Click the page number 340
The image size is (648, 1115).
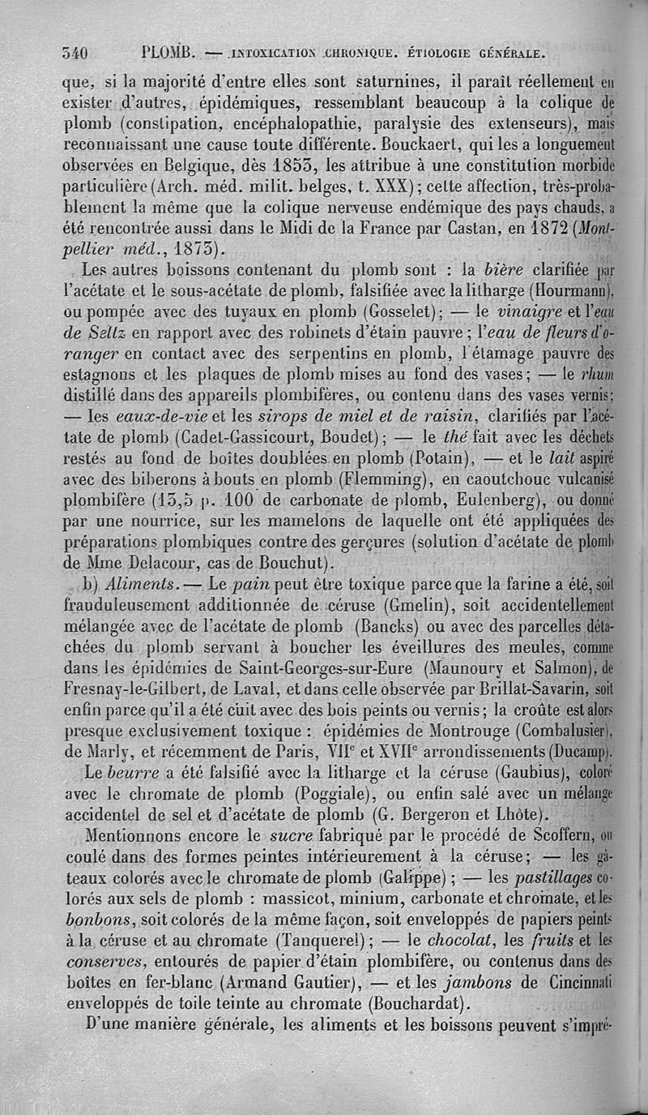click(x=74, y=54)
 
